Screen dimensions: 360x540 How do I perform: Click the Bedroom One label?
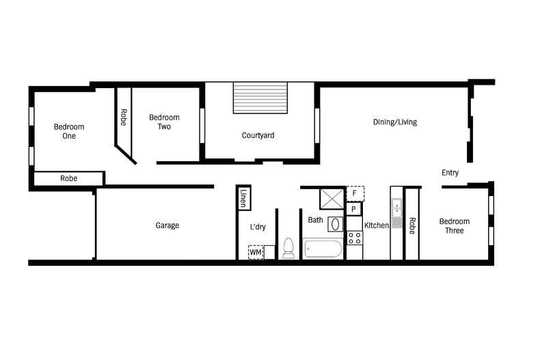pos(69,131)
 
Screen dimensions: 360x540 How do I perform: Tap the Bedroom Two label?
pos(164,122)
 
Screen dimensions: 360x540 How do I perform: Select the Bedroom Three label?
pos(454,225)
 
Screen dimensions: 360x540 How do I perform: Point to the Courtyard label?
pos(258,135)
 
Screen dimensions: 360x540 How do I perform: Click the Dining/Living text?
pos(394,122)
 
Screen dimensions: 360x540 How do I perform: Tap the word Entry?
pos(450,173)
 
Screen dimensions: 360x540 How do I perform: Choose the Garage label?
pos(167,225)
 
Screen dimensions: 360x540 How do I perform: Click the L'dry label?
pos(258,227)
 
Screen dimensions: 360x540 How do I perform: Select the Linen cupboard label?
pos(243,199)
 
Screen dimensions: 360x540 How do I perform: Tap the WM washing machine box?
pos(256,253)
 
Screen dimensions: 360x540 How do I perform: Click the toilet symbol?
pos(288,248)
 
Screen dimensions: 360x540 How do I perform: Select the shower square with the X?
pos(332,199)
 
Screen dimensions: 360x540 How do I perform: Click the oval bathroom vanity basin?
pos(336,223)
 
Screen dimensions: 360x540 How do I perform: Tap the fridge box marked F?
pos(354,193)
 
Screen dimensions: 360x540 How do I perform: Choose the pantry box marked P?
pos(354,209)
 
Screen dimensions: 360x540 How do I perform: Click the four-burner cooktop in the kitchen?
pos(354,238)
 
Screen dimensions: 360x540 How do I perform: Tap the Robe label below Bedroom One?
pos(68,178)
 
